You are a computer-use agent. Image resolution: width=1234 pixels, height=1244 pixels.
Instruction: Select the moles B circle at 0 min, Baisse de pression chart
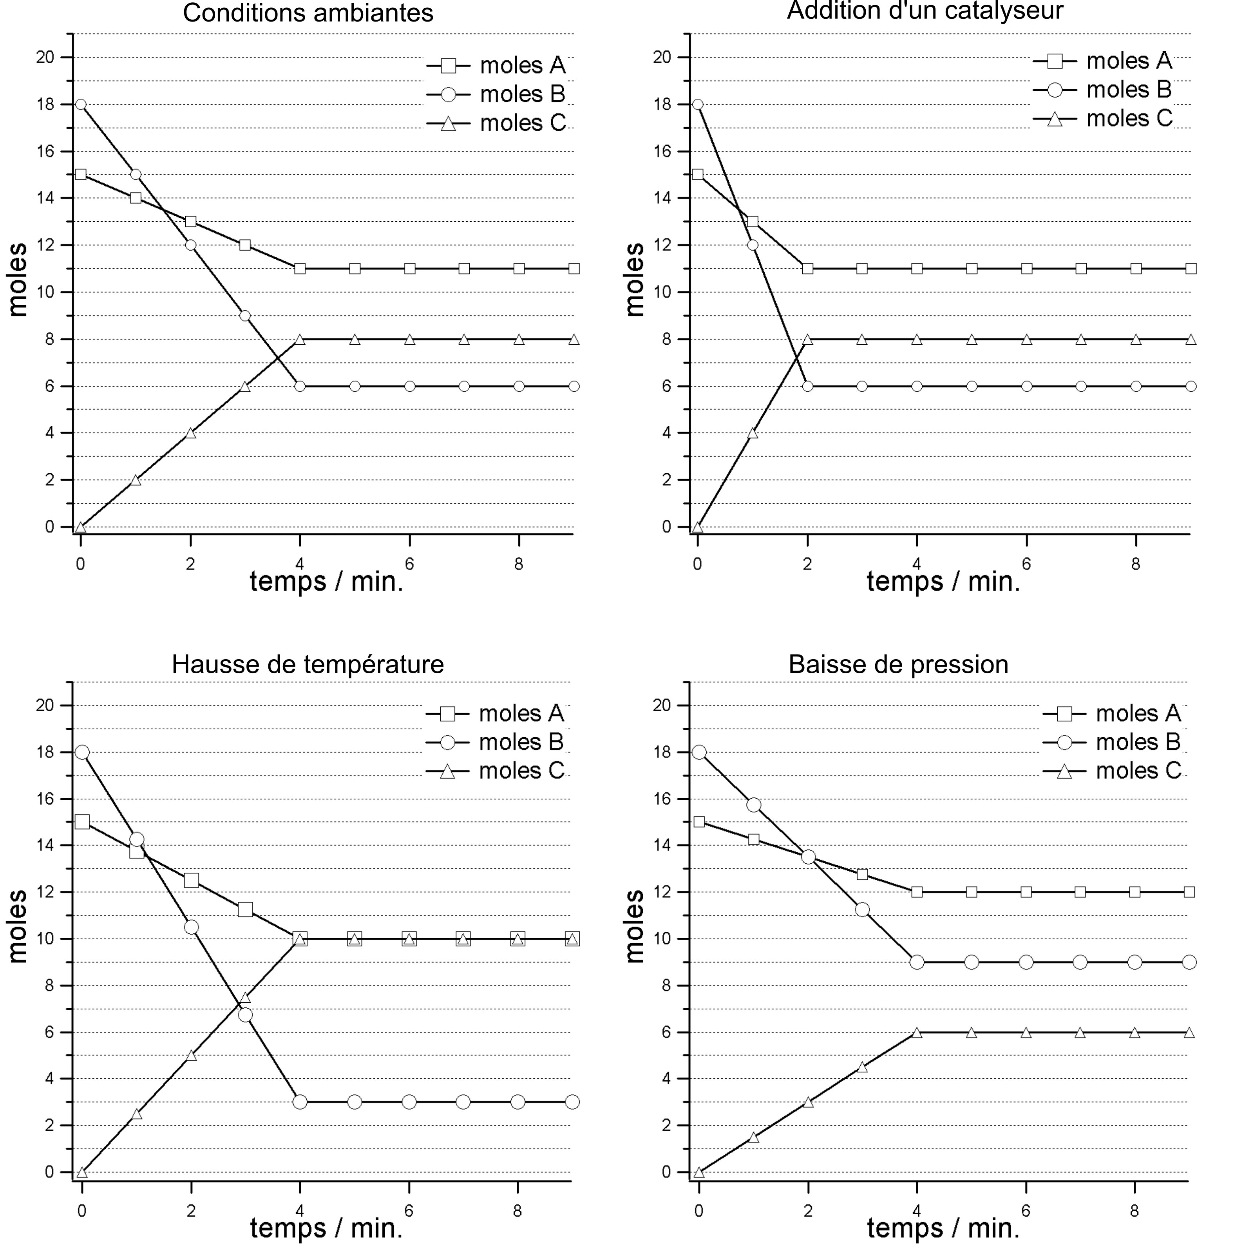click(699, 752)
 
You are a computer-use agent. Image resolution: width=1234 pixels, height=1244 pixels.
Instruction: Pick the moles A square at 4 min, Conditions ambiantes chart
click(299, 269)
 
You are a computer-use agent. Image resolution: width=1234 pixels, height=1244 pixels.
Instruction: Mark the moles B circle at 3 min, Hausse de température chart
click(245, 1015)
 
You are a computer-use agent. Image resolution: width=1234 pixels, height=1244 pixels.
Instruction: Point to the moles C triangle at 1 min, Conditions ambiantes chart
click(135, 480)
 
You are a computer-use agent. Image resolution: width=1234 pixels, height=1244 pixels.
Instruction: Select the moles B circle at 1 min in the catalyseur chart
click(752, 245)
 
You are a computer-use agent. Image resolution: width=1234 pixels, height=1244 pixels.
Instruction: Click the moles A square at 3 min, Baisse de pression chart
click(862, 874)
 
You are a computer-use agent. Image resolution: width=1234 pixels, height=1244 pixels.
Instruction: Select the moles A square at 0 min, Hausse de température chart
click(82, 822)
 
